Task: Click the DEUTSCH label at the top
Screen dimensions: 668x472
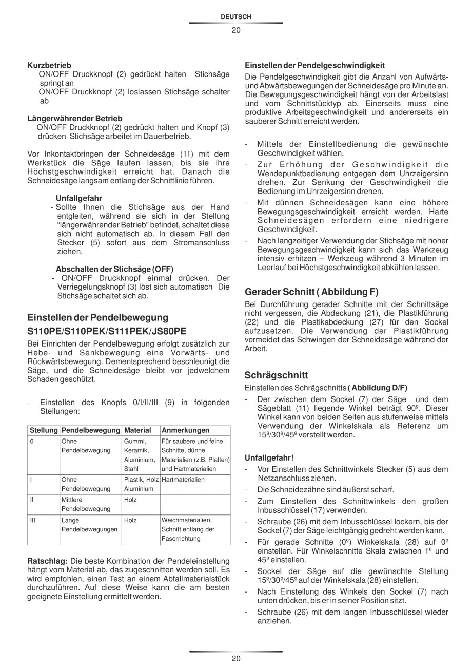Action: point(235,17)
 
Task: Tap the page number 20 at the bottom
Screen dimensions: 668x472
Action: point(235,659)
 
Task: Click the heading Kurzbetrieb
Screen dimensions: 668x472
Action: point(49,65)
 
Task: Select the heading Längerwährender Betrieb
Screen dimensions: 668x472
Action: point(74,118)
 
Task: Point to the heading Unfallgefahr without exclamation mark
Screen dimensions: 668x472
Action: point(78,198)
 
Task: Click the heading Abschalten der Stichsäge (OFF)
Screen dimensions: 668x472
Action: point(114,269)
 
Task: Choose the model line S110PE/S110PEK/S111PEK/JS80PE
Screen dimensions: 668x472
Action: point(107,331)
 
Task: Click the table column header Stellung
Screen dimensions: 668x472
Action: point(44,430)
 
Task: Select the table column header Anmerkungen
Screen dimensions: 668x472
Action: point(185,430)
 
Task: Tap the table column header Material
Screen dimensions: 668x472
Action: point(137,430)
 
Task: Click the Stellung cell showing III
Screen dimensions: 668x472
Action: point(33,520)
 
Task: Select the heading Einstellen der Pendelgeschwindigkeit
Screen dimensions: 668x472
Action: point(315,65)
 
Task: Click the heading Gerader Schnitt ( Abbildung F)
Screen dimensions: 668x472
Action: point(312,292)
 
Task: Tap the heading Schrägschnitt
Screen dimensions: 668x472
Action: point(277,375)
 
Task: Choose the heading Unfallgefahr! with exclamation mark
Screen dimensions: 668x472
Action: point(269,457)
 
